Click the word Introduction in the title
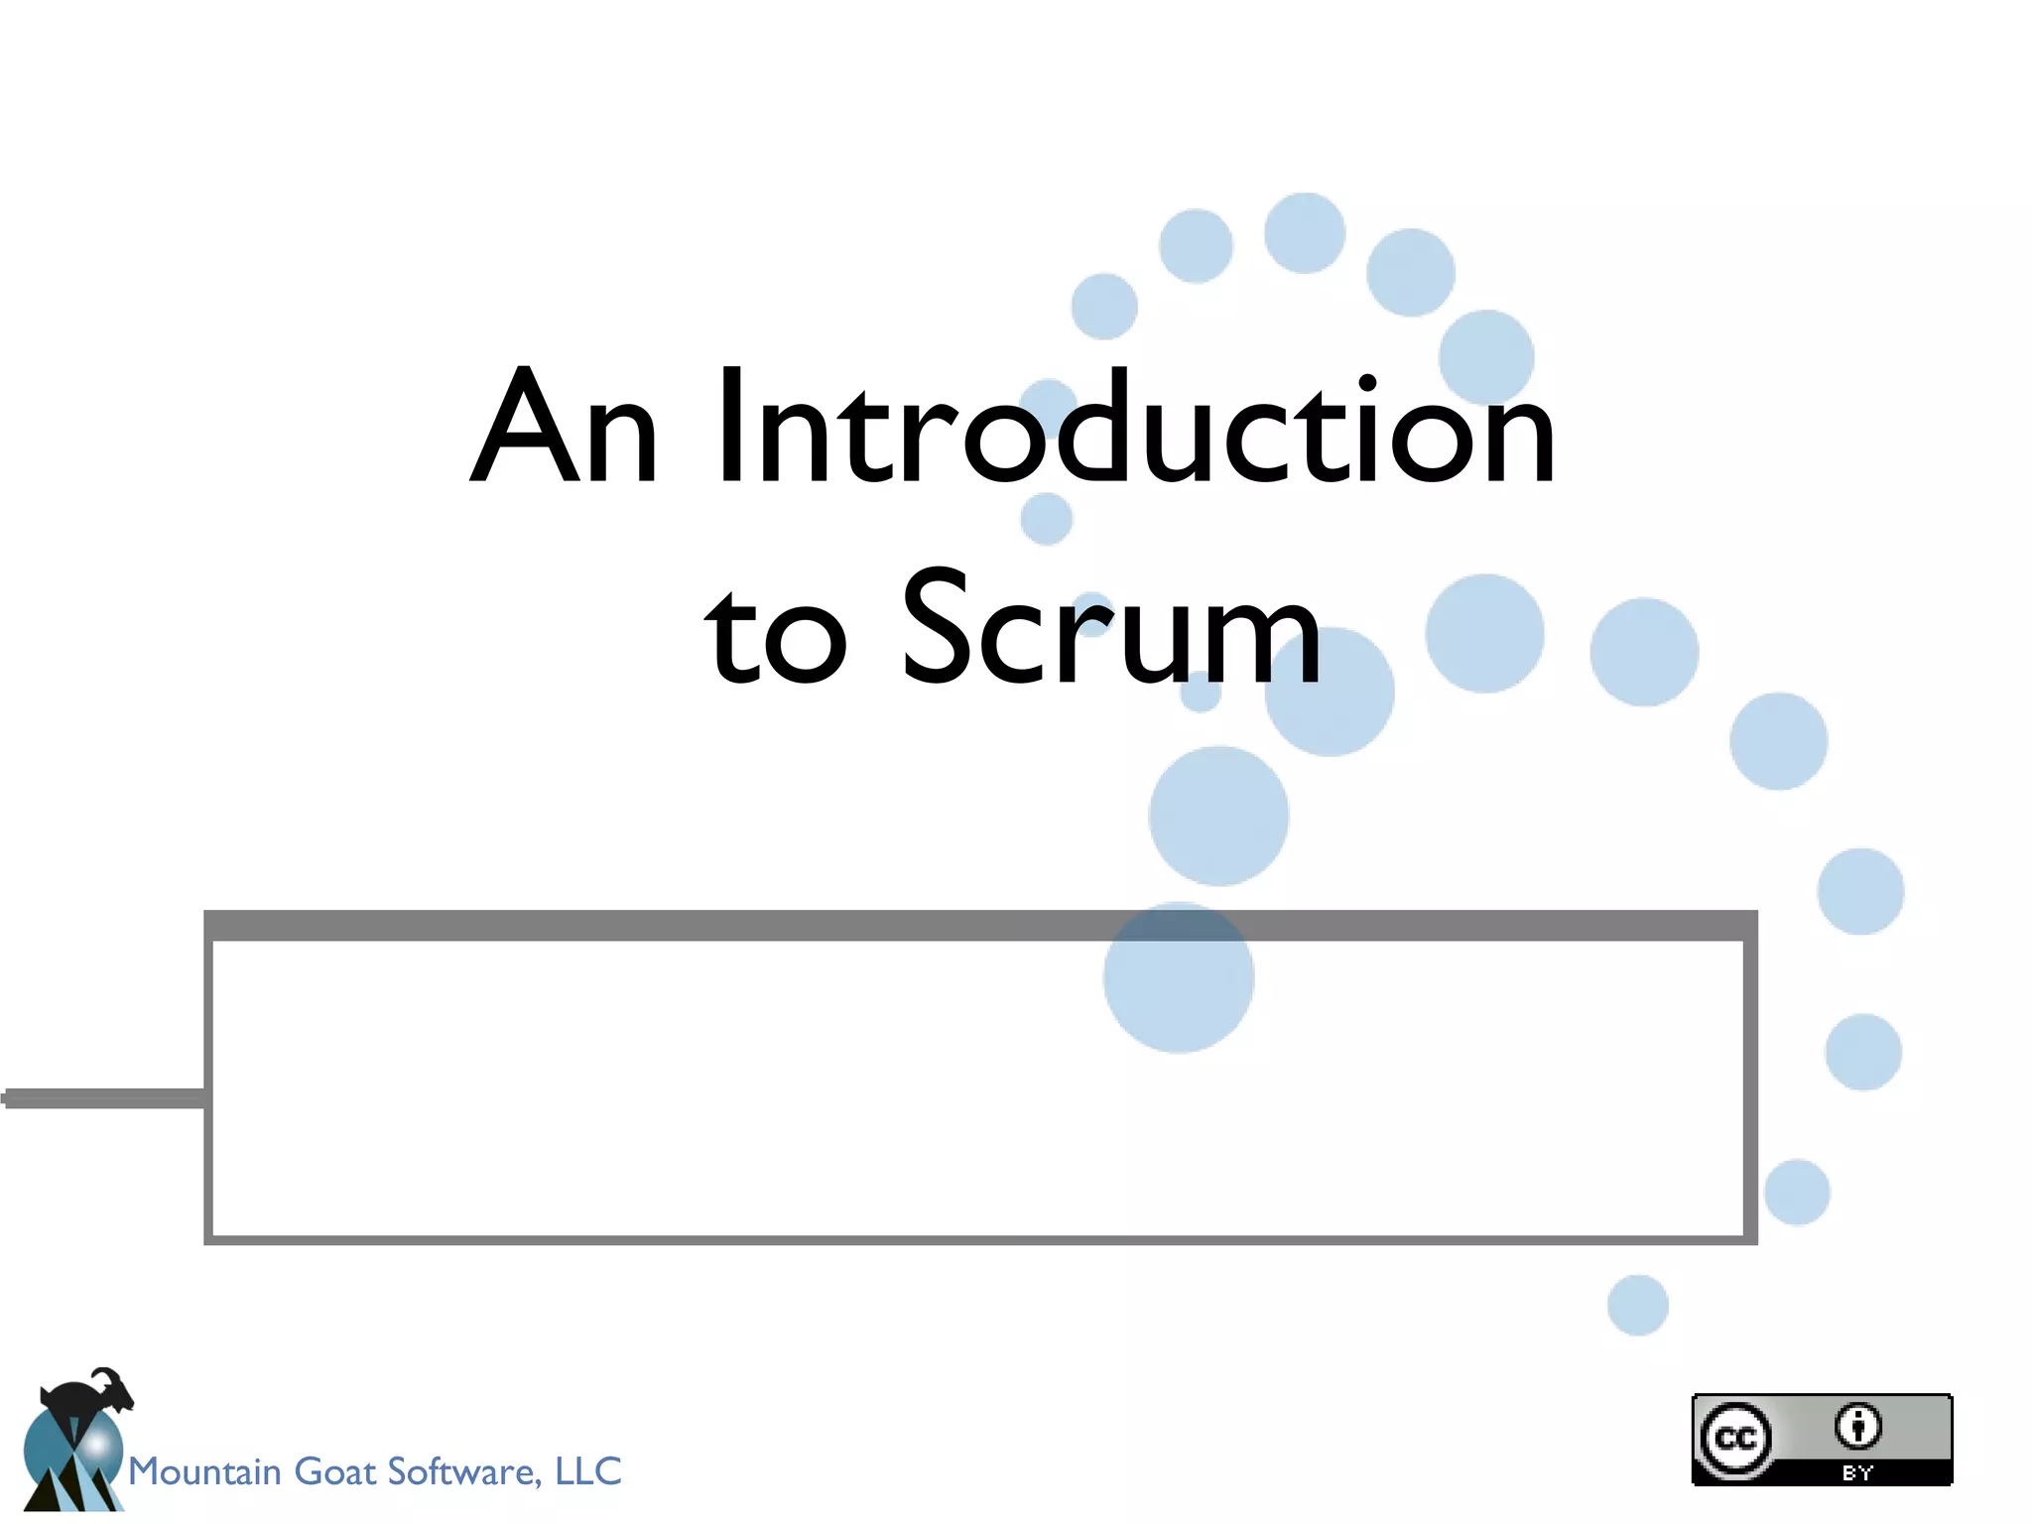(x=1136, y=427)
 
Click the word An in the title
(x=564, y=427)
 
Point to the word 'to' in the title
(x=776, y=635)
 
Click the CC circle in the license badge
(x=1735, y=1438)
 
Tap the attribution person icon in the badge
(x=1857, y=1427)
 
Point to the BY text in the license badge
(x=1857, y=1473)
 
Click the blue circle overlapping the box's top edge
(x=1179, y=977)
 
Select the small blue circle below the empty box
(x=1637, y=1305)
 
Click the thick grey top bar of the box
(x=695, y=926)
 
